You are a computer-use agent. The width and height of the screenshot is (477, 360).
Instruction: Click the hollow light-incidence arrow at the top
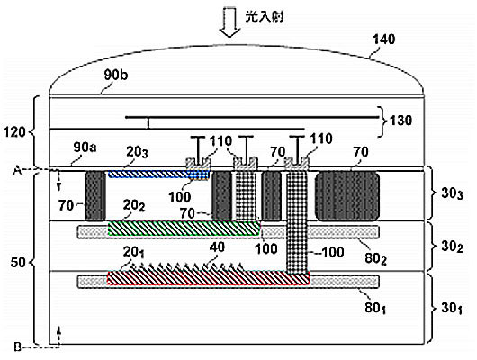(x=230, y=22)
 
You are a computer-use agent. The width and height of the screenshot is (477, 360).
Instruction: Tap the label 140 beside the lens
(x=384, y=40)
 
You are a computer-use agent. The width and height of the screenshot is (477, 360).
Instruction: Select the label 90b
(x=115, y=75)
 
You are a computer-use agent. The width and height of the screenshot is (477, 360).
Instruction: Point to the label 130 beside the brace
(x=400, y=121)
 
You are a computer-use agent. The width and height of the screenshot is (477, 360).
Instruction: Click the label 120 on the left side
(x=14, y=132)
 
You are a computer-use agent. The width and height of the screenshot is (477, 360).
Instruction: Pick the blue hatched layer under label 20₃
(x=158, y=175)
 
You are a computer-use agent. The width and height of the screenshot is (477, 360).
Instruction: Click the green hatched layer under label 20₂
(x=184, y=229)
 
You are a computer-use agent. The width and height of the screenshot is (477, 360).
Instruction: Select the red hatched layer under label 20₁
(x=209, y=278)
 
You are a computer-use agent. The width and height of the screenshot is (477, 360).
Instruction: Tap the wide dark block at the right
(x=347, y=195)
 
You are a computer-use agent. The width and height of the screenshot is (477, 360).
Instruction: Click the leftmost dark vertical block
(x=95, y=195)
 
